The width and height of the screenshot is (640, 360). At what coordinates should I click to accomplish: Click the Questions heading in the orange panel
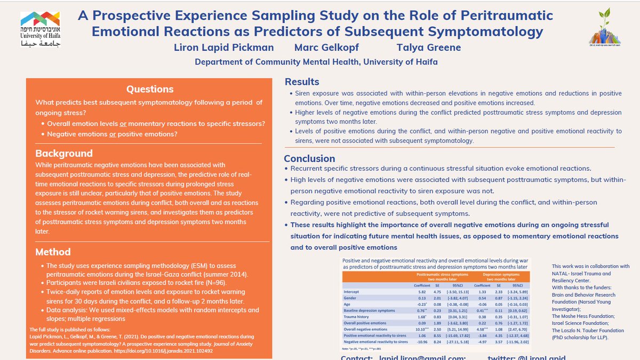click(148, 90)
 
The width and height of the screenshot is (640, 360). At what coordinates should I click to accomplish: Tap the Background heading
click(64, 153)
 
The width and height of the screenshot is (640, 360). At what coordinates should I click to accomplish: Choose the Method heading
click(53, 252)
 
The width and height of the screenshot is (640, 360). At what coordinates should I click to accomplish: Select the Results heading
click(302, 82)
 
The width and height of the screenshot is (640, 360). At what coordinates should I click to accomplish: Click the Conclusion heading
click(309, 158)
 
